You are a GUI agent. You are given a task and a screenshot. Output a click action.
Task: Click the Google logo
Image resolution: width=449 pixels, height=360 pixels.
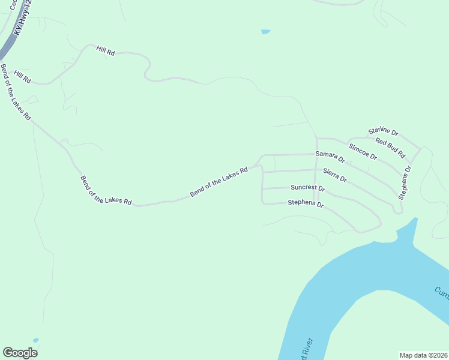pyautogui.click(x=20, y=353)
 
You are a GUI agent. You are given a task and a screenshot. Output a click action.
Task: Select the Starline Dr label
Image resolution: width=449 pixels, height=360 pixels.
pyautogui.click(x=383, y=131)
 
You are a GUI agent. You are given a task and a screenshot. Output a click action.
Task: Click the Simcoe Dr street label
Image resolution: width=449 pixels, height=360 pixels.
pyautogui.click(x=363, y=152)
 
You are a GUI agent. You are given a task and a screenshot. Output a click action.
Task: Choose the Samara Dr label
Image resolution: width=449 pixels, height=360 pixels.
pyautogui.click(x=330, y=157)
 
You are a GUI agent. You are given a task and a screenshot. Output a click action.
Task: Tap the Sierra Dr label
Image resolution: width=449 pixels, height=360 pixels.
pyautogui.click(x=335, y=175)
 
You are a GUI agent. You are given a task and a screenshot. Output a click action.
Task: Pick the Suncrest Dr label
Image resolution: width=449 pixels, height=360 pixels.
pyautogui.click(x=307, y=188)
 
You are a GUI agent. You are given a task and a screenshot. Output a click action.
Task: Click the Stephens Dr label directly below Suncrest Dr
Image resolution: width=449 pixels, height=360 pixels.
pyautogui.click(x=306, y=203)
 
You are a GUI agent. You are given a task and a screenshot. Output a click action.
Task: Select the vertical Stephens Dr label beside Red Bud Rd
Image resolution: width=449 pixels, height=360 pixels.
pyautogui.click(x=406, y=182)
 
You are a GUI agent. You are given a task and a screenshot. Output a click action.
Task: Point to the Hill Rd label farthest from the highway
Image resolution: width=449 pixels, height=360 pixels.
pyautogui.click(x=106, y=50)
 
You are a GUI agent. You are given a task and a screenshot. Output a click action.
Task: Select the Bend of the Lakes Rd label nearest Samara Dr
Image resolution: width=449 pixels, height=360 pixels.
pyautogui.click(x=219, y=182)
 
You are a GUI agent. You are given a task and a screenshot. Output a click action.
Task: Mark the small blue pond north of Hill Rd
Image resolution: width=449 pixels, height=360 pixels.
pyautogui.click(x=265, y=31)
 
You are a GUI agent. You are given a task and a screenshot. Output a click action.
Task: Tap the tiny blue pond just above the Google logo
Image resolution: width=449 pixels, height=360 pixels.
pyautogui.click(x=35, y=340)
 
